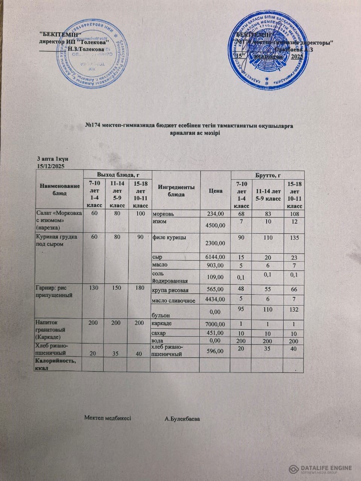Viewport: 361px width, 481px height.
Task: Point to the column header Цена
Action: click(215, 191)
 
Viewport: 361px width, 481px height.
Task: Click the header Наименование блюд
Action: click(59, 190)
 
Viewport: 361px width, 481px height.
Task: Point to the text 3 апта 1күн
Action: click(53, 159)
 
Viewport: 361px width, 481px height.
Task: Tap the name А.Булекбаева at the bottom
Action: click(182, 418)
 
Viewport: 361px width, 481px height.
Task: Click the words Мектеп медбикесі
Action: click(108, 418)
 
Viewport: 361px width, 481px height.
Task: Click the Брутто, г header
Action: click(268, 175)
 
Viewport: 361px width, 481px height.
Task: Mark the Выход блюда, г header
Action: click(118, 174)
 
